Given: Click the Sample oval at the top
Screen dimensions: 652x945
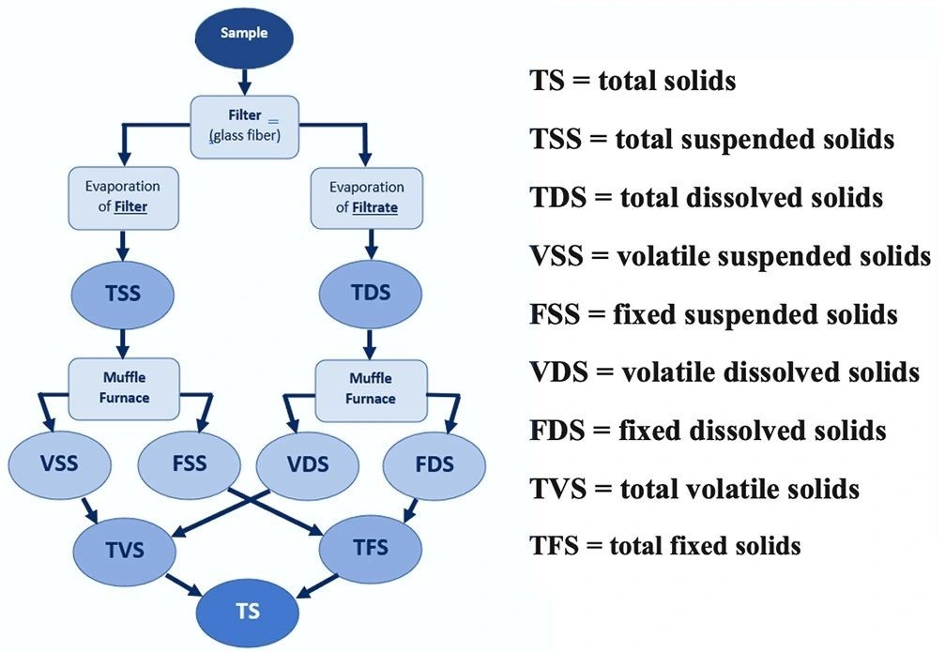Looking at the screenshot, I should (x=243, y=34).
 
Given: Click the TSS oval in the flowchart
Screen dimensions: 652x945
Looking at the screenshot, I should (x=123, y=294).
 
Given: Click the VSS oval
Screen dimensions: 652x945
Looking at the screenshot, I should (x=58, y=462).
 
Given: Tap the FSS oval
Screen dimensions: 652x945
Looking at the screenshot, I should (x=189, y=464).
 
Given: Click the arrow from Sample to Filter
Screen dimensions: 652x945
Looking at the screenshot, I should (x=244, y=81).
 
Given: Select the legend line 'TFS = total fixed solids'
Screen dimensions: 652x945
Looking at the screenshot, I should (x=664, y=546).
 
